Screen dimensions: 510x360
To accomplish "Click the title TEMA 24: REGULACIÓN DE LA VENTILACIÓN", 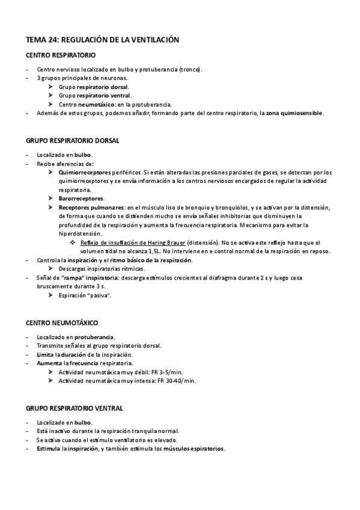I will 102,40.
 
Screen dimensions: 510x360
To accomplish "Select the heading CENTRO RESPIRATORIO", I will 62,55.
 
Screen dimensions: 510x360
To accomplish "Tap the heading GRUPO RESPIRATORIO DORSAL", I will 73,140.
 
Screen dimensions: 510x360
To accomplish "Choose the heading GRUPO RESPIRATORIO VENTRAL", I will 75,408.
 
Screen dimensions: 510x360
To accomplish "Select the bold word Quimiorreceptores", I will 85,173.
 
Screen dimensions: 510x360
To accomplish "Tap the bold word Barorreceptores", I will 81,198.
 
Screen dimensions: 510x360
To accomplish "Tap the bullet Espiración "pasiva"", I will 85,295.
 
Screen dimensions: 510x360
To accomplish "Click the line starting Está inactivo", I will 108,431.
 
